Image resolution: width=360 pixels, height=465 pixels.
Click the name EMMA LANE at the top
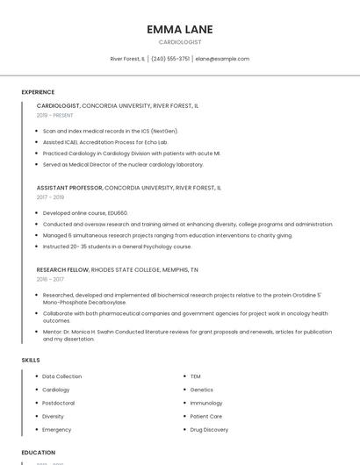[179, 29]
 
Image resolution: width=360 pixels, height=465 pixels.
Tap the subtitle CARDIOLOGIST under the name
[179, 42]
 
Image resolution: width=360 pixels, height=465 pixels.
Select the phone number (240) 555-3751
[170, 59]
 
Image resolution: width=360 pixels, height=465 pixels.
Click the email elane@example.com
[222, 59]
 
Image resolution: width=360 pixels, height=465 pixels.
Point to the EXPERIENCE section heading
[38, 92]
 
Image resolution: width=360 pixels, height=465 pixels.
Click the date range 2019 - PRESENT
[55, 115]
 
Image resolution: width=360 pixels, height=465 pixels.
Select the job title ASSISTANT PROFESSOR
[69, 188]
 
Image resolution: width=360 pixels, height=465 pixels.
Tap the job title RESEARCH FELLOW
[62, 270]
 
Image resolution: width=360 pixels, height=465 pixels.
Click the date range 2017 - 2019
[50, 197]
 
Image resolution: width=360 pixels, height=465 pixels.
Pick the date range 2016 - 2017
[50, 280]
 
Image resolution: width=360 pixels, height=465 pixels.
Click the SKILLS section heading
[31, 361]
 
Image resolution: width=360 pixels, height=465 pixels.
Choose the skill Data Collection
[61, 376]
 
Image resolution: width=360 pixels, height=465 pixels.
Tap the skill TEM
[195, 376]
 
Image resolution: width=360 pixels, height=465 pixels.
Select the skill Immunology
[205, 403]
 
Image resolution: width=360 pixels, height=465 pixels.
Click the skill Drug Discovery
[209, 430]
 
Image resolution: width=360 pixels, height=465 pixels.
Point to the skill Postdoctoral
[58, 403]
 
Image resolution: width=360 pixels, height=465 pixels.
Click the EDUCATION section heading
[38, 453]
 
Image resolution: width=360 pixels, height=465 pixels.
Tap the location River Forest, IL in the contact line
[127, 59]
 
